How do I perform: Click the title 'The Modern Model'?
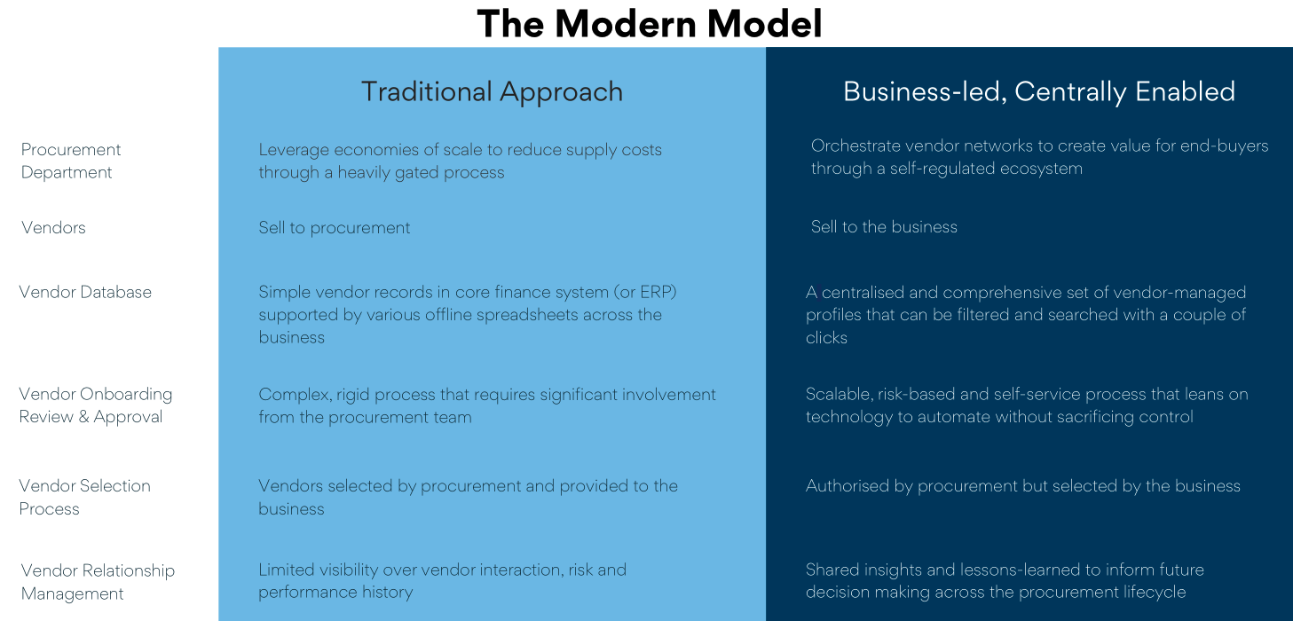(x=650, y=24)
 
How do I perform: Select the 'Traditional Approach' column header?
(x=492, y=91)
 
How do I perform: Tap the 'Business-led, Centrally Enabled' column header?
(x=1039, y=91)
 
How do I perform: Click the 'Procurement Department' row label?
(x=71, y=161)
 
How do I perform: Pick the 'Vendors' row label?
(x=53, y=227)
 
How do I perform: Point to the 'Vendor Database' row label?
(x=85, y=292)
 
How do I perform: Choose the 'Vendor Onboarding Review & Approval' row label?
(x=96, y=405)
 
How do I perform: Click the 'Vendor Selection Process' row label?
(x=85, y=497)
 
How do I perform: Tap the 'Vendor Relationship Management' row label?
(x=98, y=582)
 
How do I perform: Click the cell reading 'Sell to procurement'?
(x=335, y=227)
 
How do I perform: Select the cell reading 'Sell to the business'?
(x=884, y=226)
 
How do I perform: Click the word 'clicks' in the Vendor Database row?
(x=826, y=338)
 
